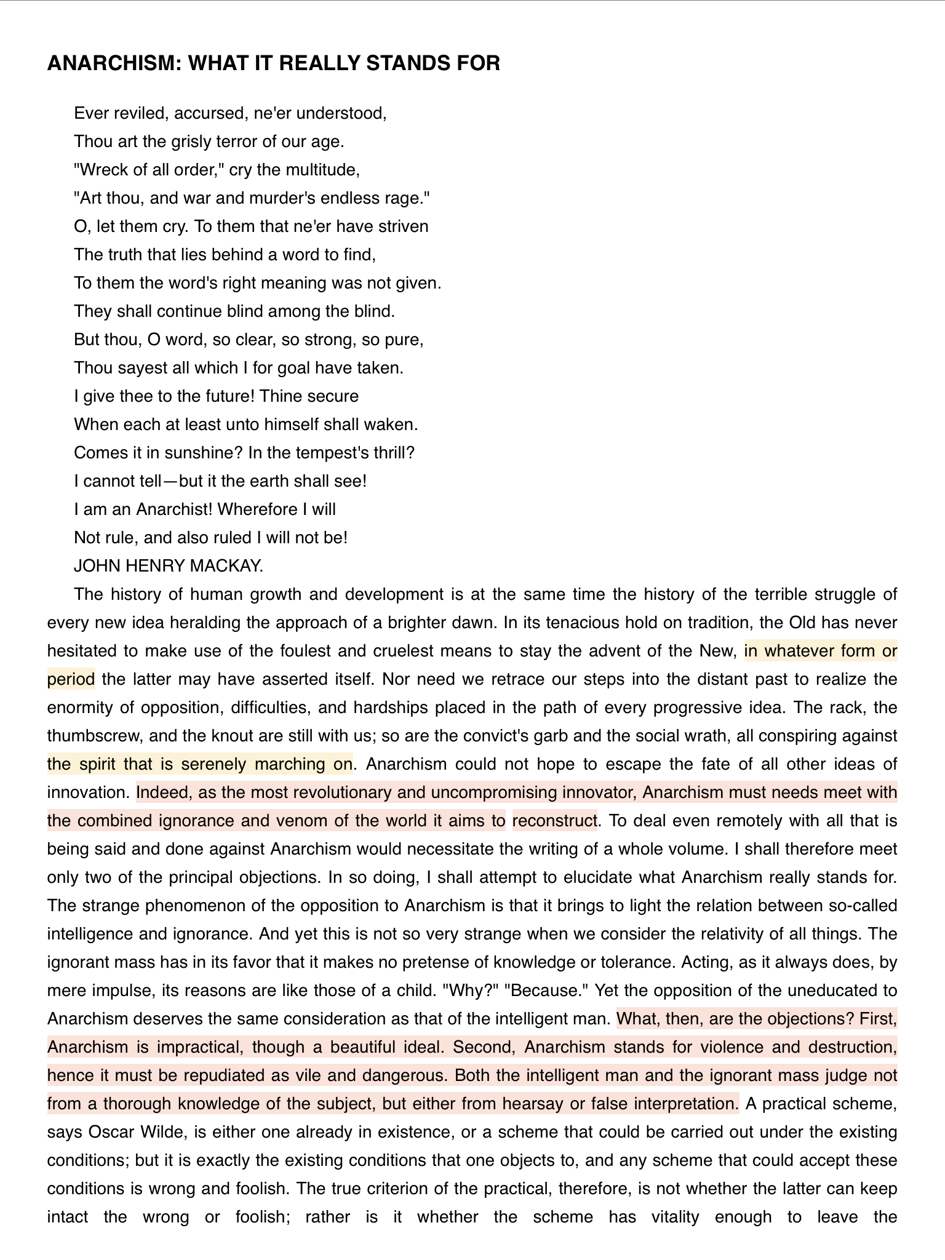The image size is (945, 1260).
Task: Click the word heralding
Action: (x=200, y=623)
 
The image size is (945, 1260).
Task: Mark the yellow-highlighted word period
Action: (x=71, y=679)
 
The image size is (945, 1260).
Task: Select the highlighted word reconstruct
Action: (x=554, y=821)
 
